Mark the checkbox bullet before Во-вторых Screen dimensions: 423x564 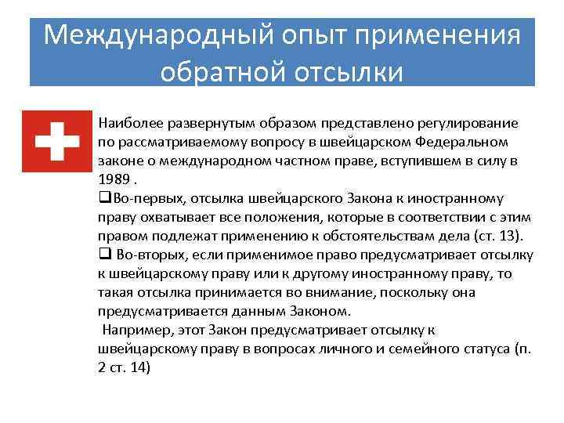pos(104,254)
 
